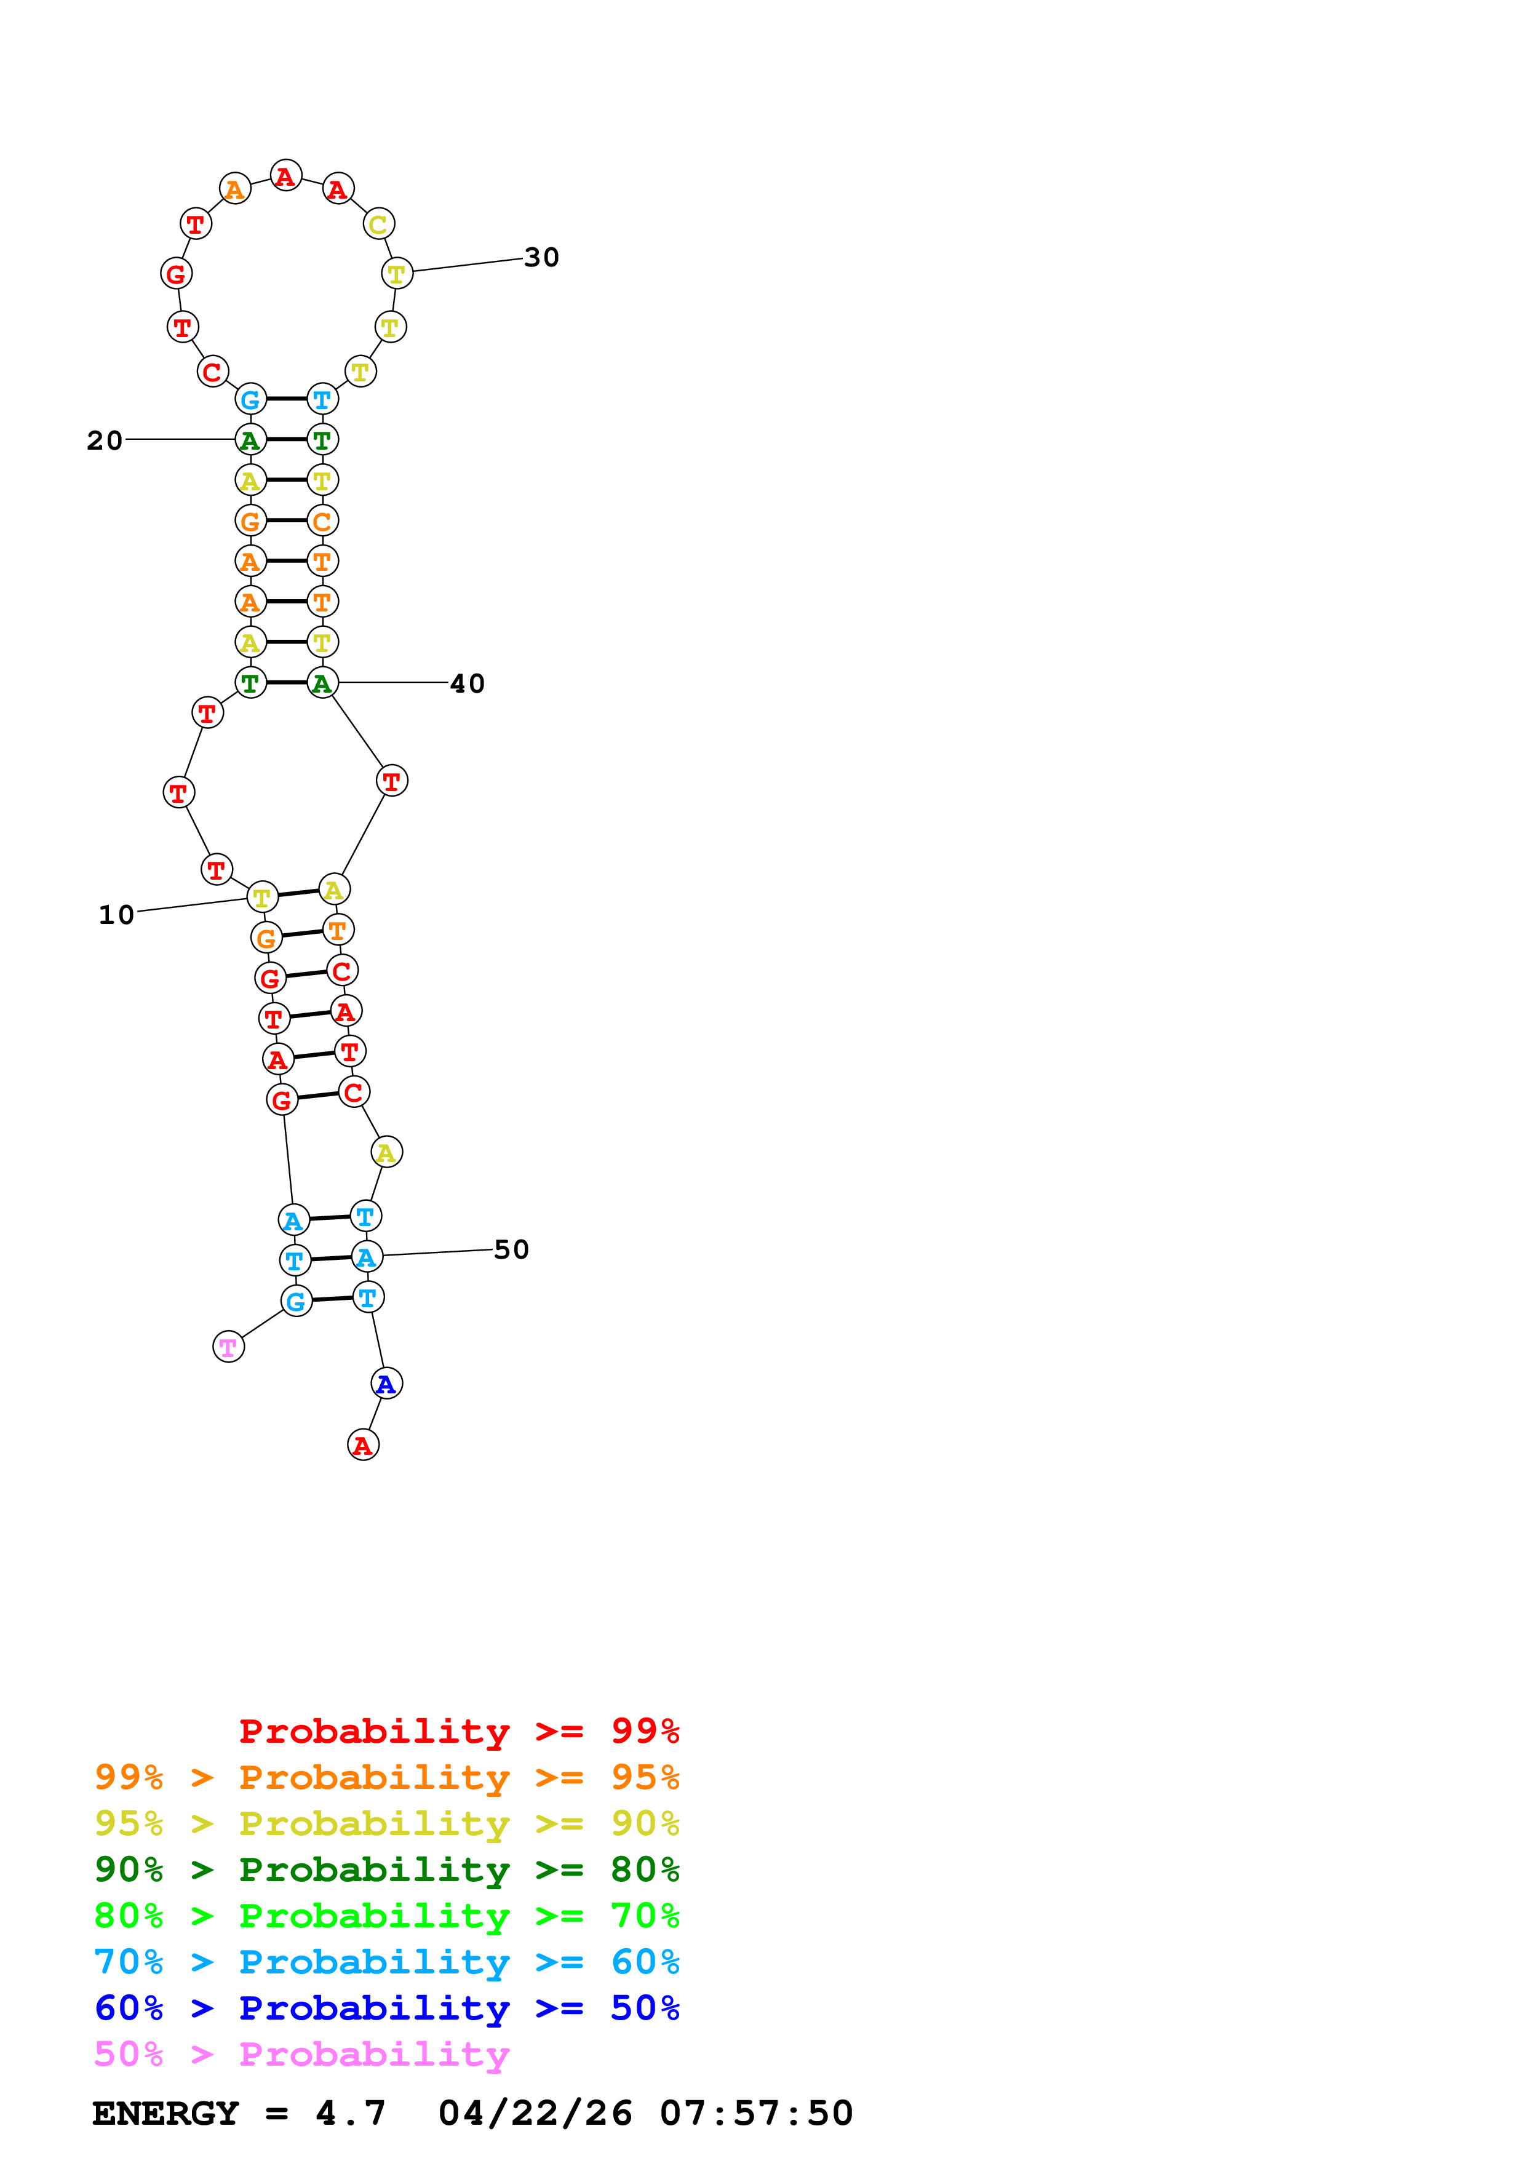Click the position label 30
point(541,258)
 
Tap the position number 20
point(105,441)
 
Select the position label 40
point(467,683)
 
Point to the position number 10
point(116,915)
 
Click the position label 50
point(511,1249)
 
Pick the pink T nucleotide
point(228,1347)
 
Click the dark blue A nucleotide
point(386,1384)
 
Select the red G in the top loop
point(176,274)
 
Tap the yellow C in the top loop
point(378,224)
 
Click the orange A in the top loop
point(235,189)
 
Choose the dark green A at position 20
point(250,439)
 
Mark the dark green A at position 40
point(322,683)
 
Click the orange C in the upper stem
point(322,520)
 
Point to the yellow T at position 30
point(397,274)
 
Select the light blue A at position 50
point(367,1257)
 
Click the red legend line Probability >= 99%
point(458,1730)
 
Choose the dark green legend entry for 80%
point(386,1869)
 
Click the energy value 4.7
point(349,2113)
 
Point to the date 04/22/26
point(535,2113)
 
